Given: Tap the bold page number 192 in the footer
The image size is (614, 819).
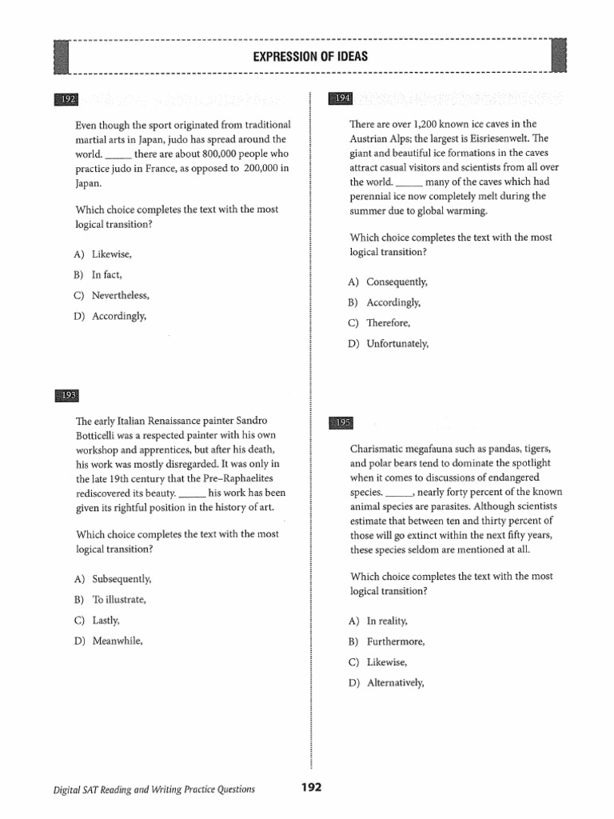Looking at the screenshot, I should pos(311,788).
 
